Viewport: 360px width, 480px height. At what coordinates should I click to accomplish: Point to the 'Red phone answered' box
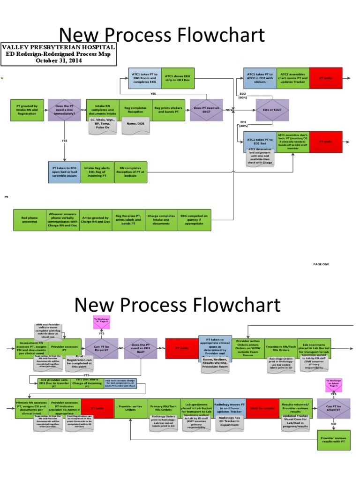pos(30,220)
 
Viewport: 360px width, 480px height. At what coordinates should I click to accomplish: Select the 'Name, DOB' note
pos(135,125)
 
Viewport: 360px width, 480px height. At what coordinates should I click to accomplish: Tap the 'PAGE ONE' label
pos(321,264)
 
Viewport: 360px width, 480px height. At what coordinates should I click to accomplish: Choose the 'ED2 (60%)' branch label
pos(242,96)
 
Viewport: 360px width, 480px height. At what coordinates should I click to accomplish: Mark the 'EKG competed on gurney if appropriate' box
pos(194,220)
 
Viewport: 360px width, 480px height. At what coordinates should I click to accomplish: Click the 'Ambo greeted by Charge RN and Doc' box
pos(96,220)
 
